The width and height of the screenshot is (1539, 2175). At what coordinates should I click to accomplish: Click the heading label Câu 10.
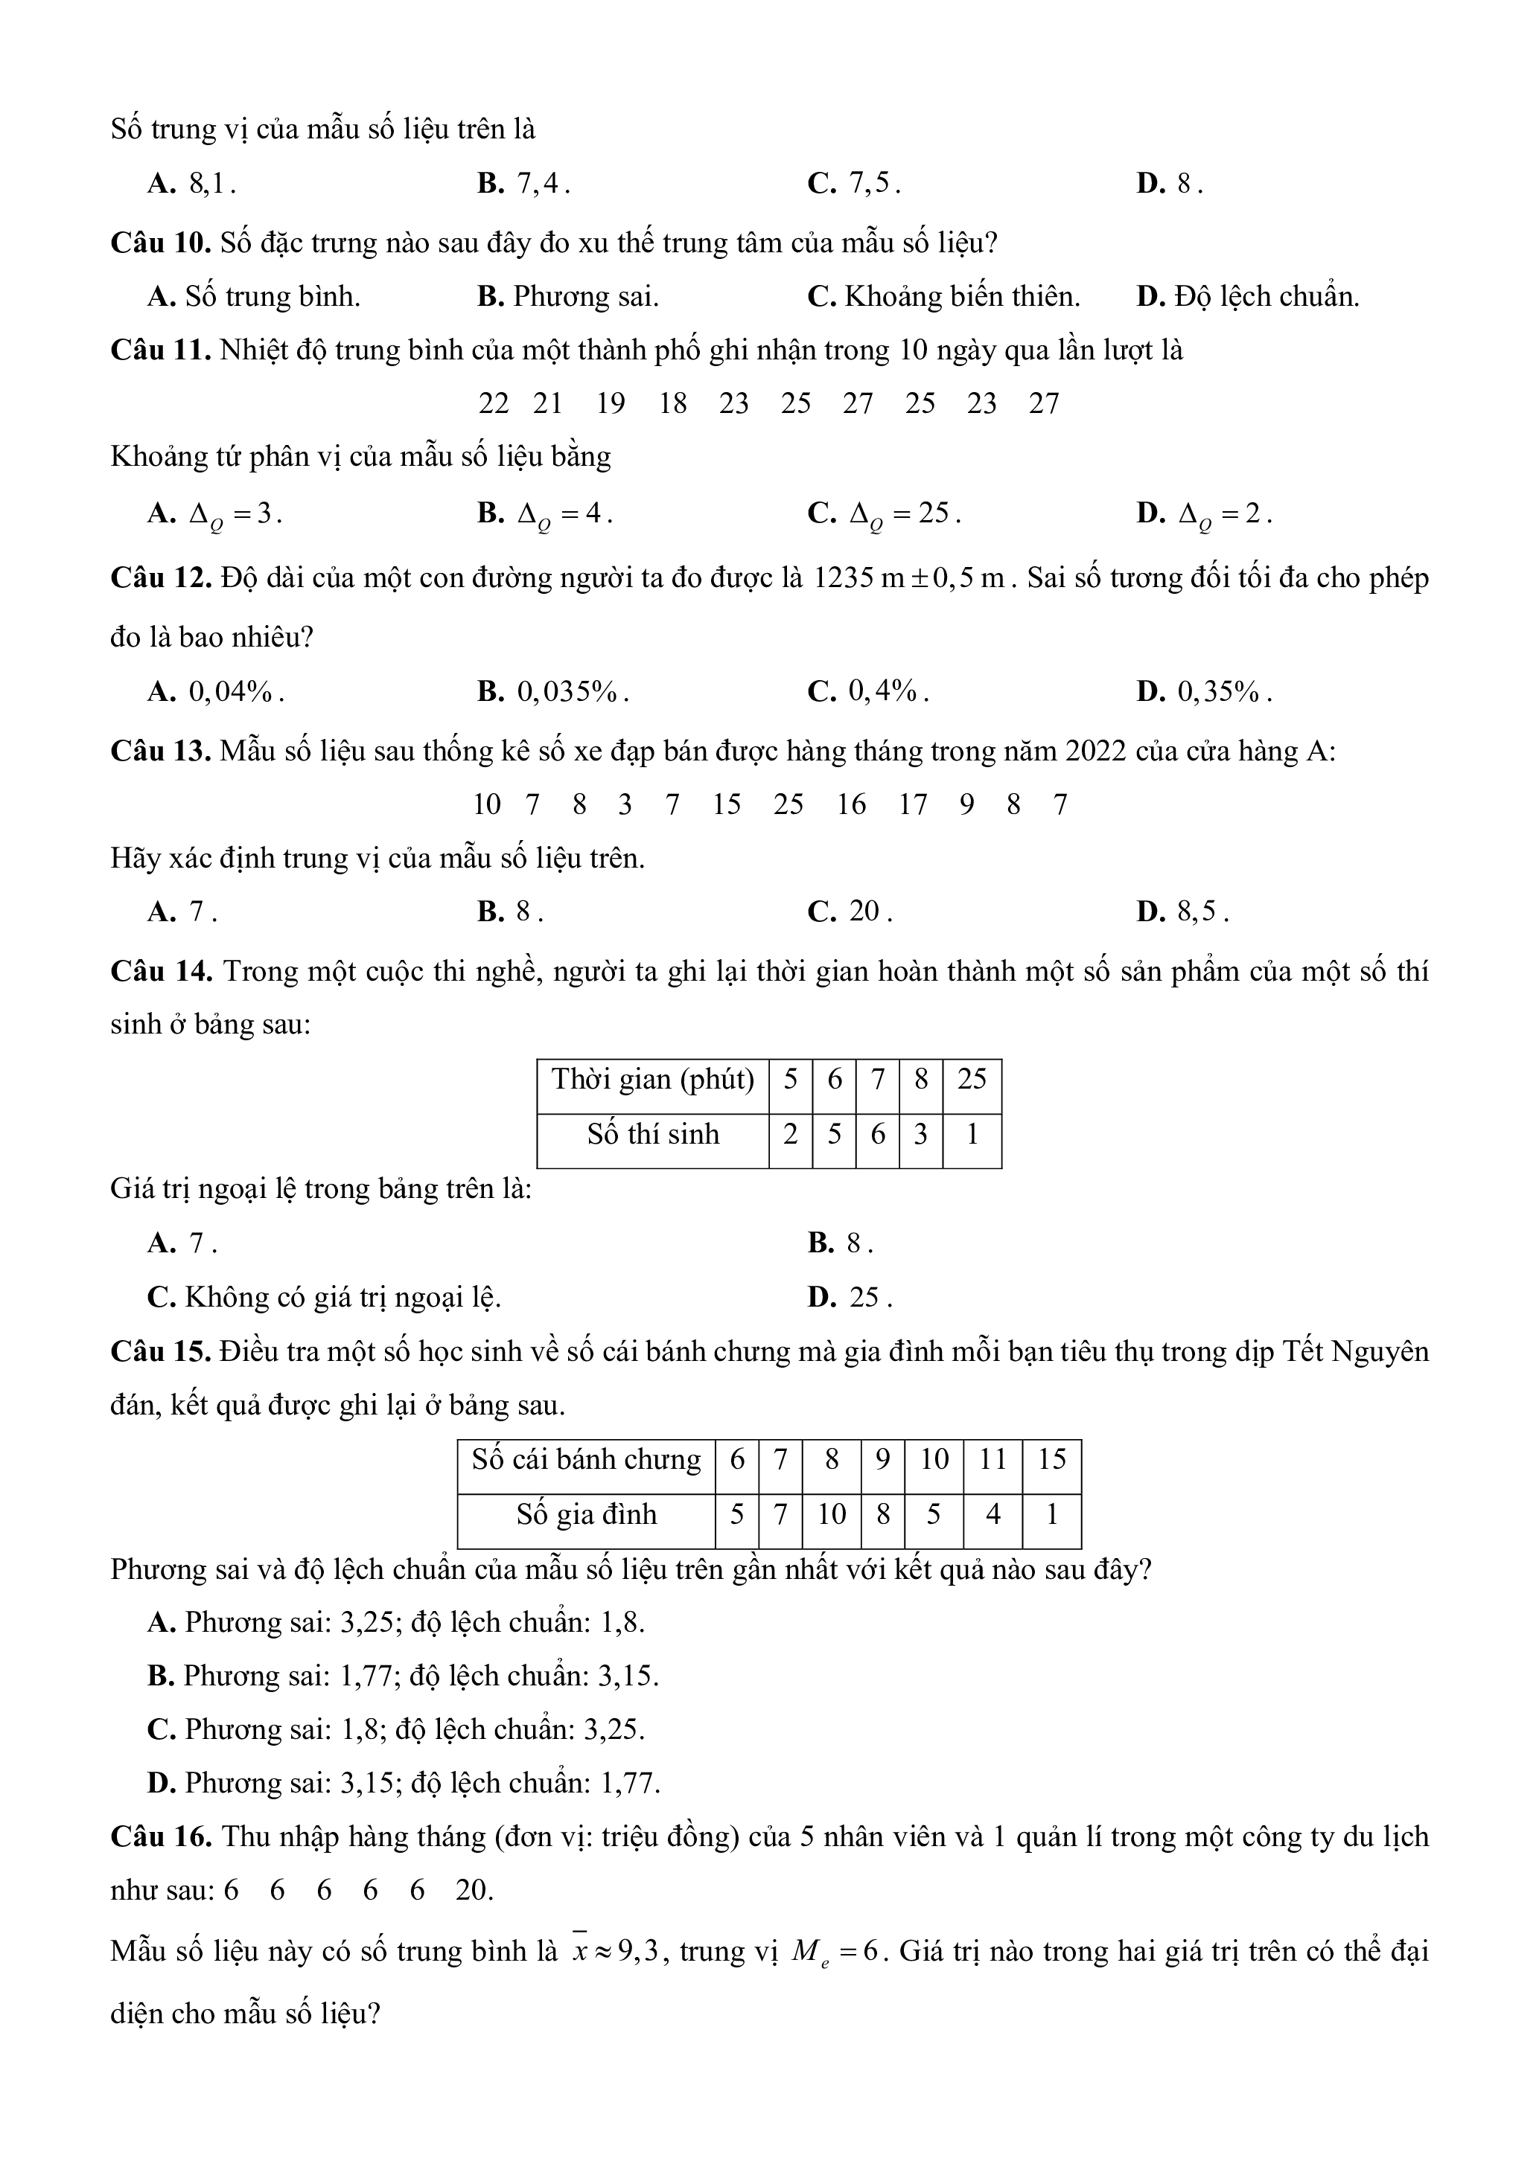[x=160, y=243]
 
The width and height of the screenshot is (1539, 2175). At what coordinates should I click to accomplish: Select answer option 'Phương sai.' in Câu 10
[x=584, y=298]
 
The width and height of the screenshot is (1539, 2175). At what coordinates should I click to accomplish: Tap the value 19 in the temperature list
[x=611, y=403]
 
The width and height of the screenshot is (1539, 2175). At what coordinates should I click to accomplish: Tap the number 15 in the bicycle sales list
[x=726, y=804]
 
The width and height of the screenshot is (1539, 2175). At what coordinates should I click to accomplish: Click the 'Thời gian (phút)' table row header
[x=653, y=1079]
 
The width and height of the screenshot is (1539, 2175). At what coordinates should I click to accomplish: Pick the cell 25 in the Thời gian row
[x=972, y=1079]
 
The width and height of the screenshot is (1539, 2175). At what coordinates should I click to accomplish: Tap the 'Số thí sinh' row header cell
[x=653, y=1134]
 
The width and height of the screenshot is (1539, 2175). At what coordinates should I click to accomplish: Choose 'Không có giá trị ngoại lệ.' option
[x=342, y=1297]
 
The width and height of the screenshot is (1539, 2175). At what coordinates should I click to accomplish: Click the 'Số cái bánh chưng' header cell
[x=586, y=1460]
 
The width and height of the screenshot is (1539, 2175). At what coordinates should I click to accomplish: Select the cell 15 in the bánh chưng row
[x=1051, y=1460]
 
